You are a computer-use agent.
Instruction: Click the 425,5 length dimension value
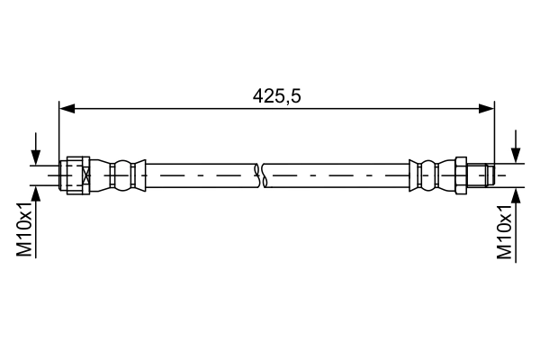point(275,94)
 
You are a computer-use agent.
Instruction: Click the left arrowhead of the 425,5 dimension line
point(65,109)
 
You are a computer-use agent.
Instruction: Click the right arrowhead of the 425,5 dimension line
point(488,109)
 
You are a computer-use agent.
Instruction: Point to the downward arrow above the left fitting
point(36,155)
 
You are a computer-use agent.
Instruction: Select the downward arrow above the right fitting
point(516,155)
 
